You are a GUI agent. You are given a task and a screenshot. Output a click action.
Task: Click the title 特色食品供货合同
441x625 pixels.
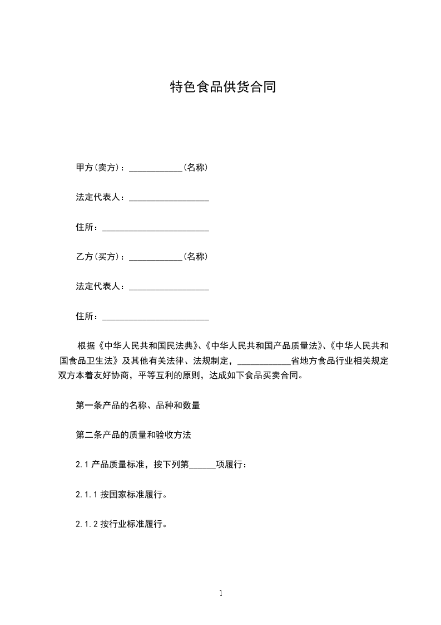(222, 87)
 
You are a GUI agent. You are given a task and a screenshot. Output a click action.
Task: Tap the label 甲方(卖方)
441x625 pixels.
(100, 167)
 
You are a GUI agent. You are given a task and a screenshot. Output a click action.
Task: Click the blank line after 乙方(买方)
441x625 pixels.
(156, 258)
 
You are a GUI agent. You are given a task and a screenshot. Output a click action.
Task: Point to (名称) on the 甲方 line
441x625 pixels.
(196, 167)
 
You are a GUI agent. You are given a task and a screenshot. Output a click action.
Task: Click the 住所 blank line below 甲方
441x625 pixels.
(156, 228)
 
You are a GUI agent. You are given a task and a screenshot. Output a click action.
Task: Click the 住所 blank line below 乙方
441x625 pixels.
(156, 318)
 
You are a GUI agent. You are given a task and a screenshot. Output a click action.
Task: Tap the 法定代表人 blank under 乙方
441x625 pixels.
(169, 288)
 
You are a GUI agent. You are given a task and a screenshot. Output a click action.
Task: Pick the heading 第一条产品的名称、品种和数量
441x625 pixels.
(138, 405)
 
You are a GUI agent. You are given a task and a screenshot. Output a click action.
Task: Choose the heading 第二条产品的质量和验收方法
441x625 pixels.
(133, 434)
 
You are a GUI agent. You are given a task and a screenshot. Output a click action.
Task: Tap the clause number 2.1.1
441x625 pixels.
(87, 494)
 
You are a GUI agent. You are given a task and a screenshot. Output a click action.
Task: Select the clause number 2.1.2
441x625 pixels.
(87, 524)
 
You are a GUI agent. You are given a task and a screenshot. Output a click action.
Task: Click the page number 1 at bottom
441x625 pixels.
(221, 593)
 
